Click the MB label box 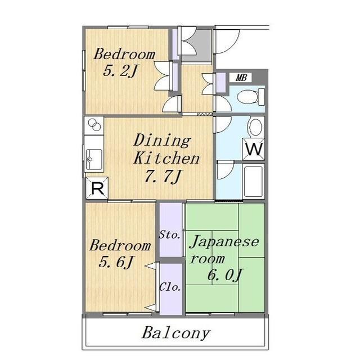pos(240,78)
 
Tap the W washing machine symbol pos(254,150)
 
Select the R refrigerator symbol pos(96,189)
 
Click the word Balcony pos(175,332)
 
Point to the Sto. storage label pos(169,234)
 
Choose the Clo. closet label pos(170,287)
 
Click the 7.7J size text pos(162,177)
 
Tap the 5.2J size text pos(120,71)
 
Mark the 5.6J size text pos(116,262)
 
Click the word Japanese pos(224,242)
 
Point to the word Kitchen pos(166,158)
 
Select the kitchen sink pos(93,160)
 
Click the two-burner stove pos(93,125)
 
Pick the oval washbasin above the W pos(255,127)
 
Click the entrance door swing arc pos(228,40)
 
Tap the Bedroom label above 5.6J pos(120,246)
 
